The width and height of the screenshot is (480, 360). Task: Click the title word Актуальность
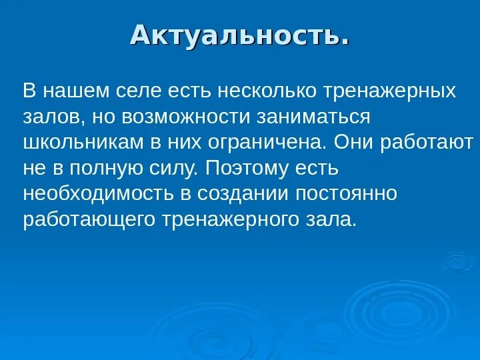pos(239,35)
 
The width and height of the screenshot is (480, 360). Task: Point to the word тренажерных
pos(390,91)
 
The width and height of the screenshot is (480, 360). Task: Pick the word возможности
pos(185,117)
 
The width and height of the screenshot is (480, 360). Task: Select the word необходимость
pos(97,195)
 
